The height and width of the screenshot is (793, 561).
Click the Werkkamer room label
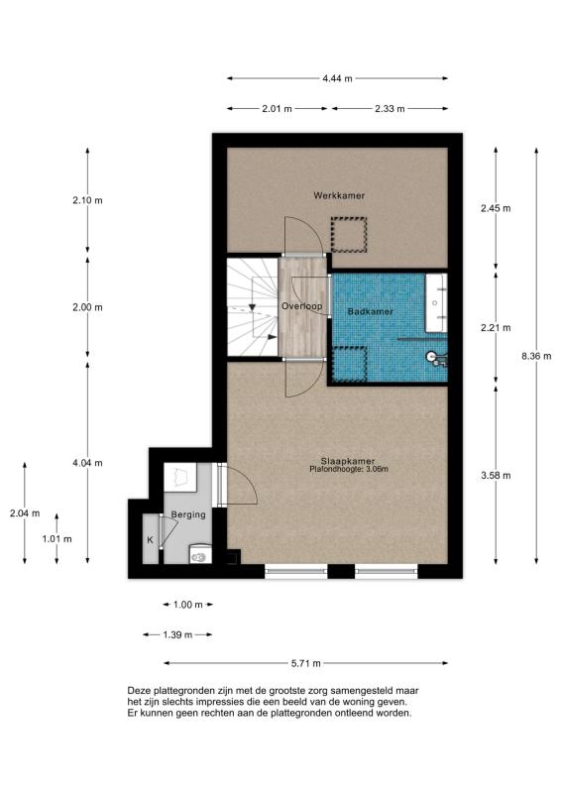tap(339, 195)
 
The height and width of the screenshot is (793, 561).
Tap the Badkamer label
tap(371, 311)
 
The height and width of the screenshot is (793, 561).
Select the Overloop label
tap(302, 306)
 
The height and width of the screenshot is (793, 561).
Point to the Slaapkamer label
tap(348, 461)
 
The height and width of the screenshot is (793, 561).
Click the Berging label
tap(188, 514)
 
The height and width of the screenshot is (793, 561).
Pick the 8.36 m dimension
tap(536, 356)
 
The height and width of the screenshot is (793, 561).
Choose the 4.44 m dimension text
tap(337, 78)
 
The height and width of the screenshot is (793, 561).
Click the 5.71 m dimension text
tap(306, 663)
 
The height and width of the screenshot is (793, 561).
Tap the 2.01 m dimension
tap(278, 109)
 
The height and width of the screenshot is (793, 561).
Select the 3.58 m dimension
tap(496, 476)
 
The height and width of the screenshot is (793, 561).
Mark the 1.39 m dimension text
tap(177, 634)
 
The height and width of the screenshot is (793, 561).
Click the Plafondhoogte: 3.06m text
tap(349, 469)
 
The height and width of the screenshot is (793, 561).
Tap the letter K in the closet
tap(151, 540)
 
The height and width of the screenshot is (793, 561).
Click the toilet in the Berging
tap(200, 554)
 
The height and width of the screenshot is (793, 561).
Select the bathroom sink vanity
tap(436, 303)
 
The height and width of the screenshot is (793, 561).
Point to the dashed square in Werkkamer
tap(349, 235)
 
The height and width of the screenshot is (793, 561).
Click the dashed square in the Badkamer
tap(349, 364)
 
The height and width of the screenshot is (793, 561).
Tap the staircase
tap(253, 307)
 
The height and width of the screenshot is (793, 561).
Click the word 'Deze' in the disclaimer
tap(138, 690)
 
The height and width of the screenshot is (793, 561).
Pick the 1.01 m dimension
tap(56, 538)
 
